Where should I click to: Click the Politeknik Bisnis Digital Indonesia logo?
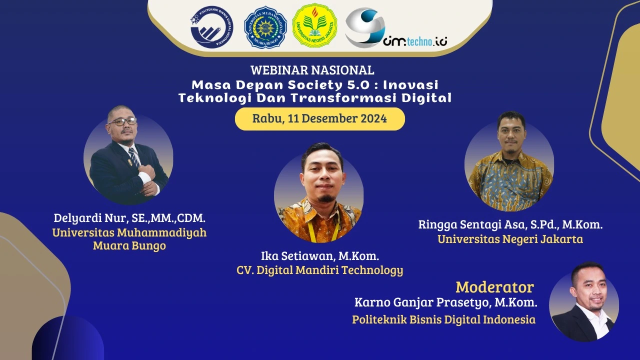[211, 26]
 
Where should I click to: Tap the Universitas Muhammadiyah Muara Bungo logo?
[265, 26]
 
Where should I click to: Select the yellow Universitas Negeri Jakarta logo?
[314, 25]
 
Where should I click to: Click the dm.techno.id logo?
[395, 28]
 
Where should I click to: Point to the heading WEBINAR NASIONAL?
[312, 70]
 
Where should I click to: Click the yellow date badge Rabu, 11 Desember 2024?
[319, 119]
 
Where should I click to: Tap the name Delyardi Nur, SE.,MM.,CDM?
[130, 218]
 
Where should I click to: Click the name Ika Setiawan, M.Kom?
[320, 256]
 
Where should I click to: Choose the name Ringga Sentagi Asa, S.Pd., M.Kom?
[510, 224]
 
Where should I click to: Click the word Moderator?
[494, 287]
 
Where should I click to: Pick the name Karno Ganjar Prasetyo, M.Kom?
[446, 302]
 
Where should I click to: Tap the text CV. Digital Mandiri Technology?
[320, 270]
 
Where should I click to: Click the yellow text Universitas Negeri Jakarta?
[510, 239]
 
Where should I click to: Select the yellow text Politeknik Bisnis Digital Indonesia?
[443, 319]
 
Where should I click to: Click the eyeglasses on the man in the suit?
[122, 121]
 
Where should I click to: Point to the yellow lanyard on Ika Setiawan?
[315, 230]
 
